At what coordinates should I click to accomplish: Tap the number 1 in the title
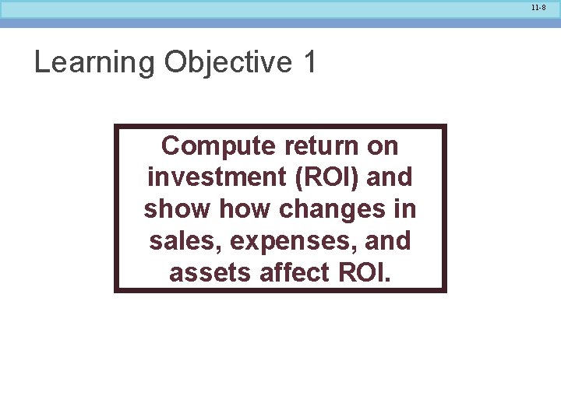(x=310, y=62)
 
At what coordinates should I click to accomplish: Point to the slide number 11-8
(x=538, y=7)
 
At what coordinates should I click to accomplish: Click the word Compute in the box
(x=218, y=146)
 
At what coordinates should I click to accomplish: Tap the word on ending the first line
(x=383, y=146)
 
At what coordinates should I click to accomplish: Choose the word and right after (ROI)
(x=389, y=177)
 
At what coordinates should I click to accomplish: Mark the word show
(x=178, y=209)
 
